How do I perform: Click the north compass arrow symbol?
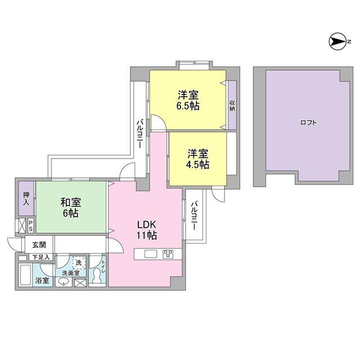(x=337, y=42)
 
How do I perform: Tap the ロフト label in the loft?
(x=308, y=123)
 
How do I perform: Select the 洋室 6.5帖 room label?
(x=188, y=101)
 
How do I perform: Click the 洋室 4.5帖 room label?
(x=197, y=159)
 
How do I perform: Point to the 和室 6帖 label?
(x=71, y=208)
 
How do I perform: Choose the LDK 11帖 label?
(x=147, y=230)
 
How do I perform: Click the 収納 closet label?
(x=232, y=106)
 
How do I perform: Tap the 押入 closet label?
(x=26, y=199)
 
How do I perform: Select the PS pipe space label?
(x=31, y=226)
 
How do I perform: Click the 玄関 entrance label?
(x=39, y=245)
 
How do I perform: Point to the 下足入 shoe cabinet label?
(x=40, y=258)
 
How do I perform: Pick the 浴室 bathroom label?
(x=42, y=280)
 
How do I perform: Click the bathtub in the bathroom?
(x=25, y=275)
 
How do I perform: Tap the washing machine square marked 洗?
(x=79, y=263)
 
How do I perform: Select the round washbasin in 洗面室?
(x=64, y=281)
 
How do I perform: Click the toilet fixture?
(x=97, y=276)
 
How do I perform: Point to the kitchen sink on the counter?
(x=151, y=254)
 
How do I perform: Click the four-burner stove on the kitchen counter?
(x=168, y=254)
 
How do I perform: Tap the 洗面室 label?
(x=71, y=273)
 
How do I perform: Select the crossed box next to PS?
(x=22, y=226)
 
